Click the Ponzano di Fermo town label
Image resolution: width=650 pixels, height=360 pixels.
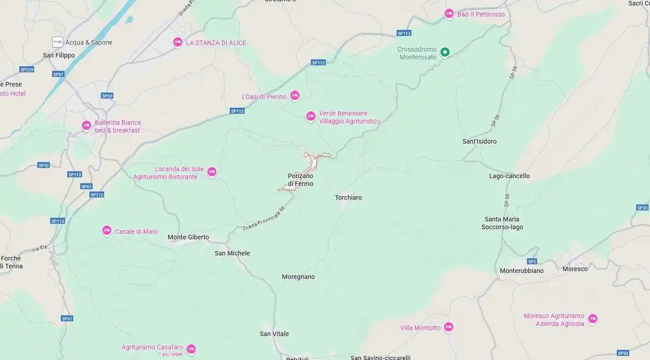[300, 180]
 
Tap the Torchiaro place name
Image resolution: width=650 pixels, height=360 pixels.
[348, 197]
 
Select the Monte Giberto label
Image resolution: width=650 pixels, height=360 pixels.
[188, 238]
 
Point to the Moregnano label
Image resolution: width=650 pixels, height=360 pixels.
[298, 277]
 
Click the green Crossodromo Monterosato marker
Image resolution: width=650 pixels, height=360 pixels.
[445, 52]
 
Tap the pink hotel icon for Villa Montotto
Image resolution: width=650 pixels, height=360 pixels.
[448, 327]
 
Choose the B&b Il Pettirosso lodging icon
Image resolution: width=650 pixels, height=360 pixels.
[449, 14]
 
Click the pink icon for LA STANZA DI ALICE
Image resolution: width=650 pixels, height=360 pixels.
[178, 42]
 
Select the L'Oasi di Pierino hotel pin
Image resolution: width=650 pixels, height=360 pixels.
[295, 96]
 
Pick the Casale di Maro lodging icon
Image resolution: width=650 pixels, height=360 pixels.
[107, 231]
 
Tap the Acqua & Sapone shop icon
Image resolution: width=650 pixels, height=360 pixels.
[58, 42]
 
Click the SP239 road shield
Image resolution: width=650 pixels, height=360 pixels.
[27, 70]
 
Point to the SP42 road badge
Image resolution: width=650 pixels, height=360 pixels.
[44, 165]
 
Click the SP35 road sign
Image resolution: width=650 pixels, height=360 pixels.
[642, 208]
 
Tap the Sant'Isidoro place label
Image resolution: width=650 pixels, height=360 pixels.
[479, 141]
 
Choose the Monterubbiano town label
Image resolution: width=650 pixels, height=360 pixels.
[521, 271]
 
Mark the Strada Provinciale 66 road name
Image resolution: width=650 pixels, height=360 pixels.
[264, 219]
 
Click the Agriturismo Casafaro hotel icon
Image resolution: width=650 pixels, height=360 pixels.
[191, 349]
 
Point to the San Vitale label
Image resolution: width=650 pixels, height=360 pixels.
[274, 334]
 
